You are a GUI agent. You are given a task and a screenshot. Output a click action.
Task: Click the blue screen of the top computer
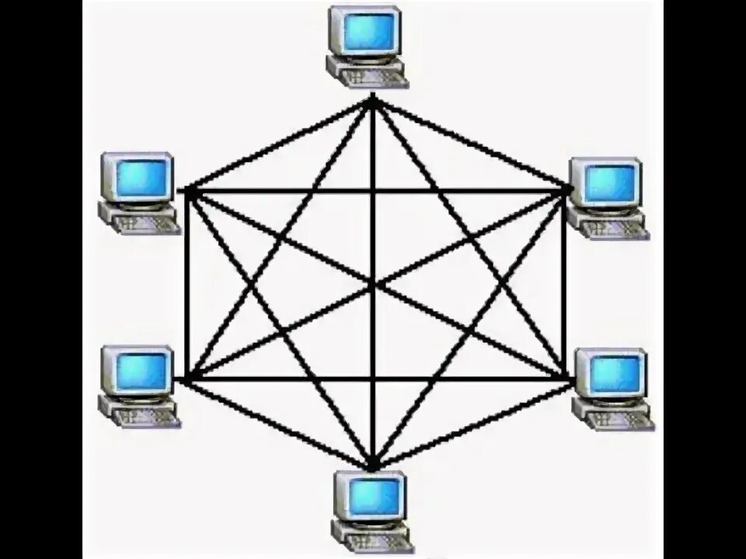coord(364,30)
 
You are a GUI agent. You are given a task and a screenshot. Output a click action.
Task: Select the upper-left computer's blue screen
coord(140,177)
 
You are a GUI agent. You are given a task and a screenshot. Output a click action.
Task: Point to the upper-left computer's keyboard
coord(146,224)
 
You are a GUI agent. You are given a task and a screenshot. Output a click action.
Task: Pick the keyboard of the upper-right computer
coord(614,229)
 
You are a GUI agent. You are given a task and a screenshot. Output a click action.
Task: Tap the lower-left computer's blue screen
coord(138,372)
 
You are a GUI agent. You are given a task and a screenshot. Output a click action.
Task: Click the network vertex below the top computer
coord(373,101)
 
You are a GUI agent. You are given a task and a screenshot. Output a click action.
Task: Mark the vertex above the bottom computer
coord(373,466)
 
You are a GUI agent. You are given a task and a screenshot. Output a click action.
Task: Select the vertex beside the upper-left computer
coord(187,190)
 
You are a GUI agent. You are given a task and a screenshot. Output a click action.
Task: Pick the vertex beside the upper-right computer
coord(566,189)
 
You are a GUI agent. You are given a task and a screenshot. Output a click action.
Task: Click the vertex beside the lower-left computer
coord(187,378)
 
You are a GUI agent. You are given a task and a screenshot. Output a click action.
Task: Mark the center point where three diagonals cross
coord(373,285)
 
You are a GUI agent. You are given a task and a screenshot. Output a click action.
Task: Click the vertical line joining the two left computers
coord(187,284)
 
